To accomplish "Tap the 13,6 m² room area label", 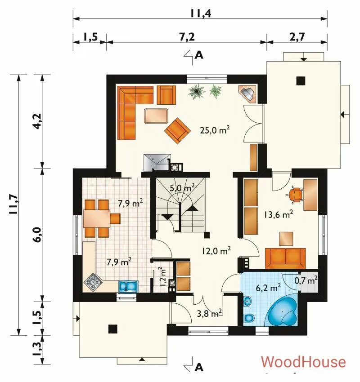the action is [x=278, y=214].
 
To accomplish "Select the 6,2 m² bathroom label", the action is [x=268, y=288].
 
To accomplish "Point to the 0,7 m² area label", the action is [x=306, y=280].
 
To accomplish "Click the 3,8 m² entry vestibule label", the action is [x=210, y=314].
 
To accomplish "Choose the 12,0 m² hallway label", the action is [x=216, y=251].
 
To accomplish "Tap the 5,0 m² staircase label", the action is [x=182, y=188].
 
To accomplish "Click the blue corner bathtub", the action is [x=283, y=311].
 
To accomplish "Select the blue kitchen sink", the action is [x=128, y=286].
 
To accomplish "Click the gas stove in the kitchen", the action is [x=93, y=282].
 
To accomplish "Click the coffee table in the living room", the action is [x=156, y=116].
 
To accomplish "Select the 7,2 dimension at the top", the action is [x=187, y=37].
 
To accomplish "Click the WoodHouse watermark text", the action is [x=303, y=362].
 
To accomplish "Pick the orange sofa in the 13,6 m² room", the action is [x=285, y=258].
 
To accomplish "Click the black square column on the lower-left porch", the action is [x=112, y=329].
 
